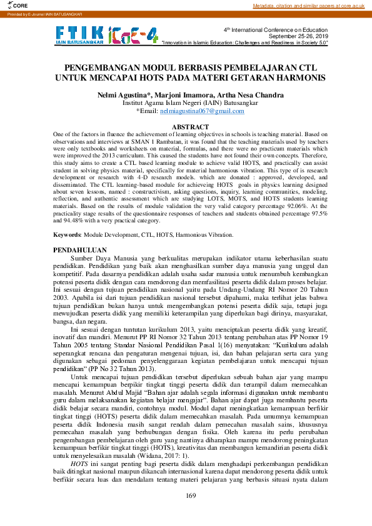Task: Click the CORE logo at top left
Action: (11, 5)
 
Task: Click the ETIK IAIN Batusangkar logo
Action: (80, 36)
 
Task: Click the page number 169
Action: (191, 496)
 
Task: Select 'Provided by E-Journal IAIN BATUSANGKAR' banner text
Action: (36, 13)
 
